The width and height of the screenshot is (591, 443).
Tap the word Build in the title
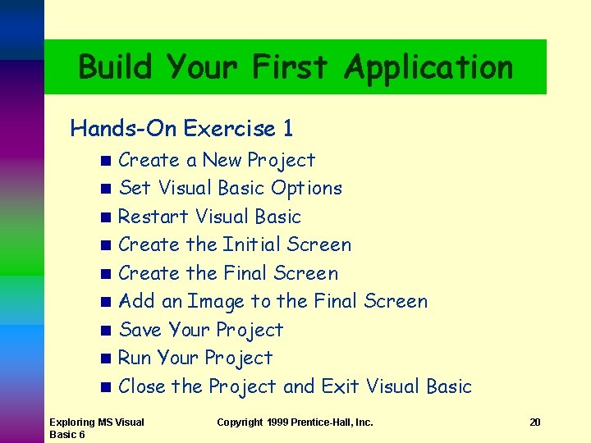point(116,66)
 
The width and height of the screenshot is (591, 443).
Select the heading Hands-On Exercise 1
point(181,129)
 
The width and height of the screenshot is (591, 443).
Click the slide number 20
point(534,422)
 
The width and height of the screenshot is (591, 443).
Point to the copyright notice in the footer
point(295,422)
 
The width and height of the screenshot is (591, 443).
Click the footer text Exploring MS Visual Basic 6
point(96,427)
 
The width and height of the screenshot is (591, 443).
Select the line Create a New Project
point(217,160)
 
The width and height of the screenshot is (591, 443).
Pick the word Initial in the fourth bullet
point(251,244)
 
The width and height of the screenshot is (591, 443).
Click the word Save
point(140,330)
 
